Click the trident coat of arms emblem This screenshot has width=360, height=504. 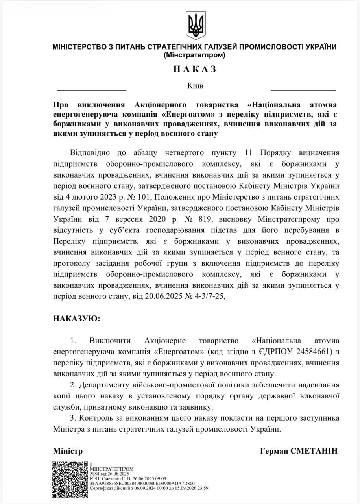195,25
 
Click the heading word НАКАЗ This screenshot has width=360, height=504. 195,69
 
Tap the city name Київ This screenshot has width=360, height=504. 196,85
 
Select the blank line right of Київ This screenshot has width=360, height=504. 303,90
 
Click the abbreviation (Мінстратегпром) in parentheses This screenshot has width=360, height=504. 195,55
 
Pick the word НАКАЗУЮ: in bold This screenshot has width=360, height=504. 77,318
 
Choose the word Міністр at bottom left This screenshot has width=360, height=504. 68,451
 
